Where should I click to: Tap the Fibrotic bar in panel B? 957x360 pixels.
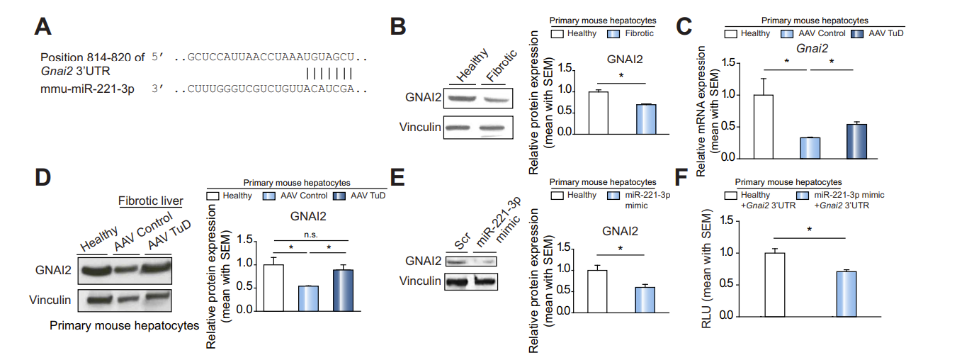645,119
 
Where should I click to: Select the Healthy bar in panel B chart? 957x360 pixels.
599,113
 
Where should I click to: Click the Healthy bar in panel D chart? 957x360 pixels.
273,287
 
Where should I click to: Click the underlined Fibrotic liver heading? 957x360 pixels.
150,201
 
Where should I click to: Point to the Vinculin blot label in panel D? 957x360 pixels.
50,300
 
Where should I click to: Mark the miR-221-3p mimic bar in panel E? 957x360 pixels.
644,298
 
